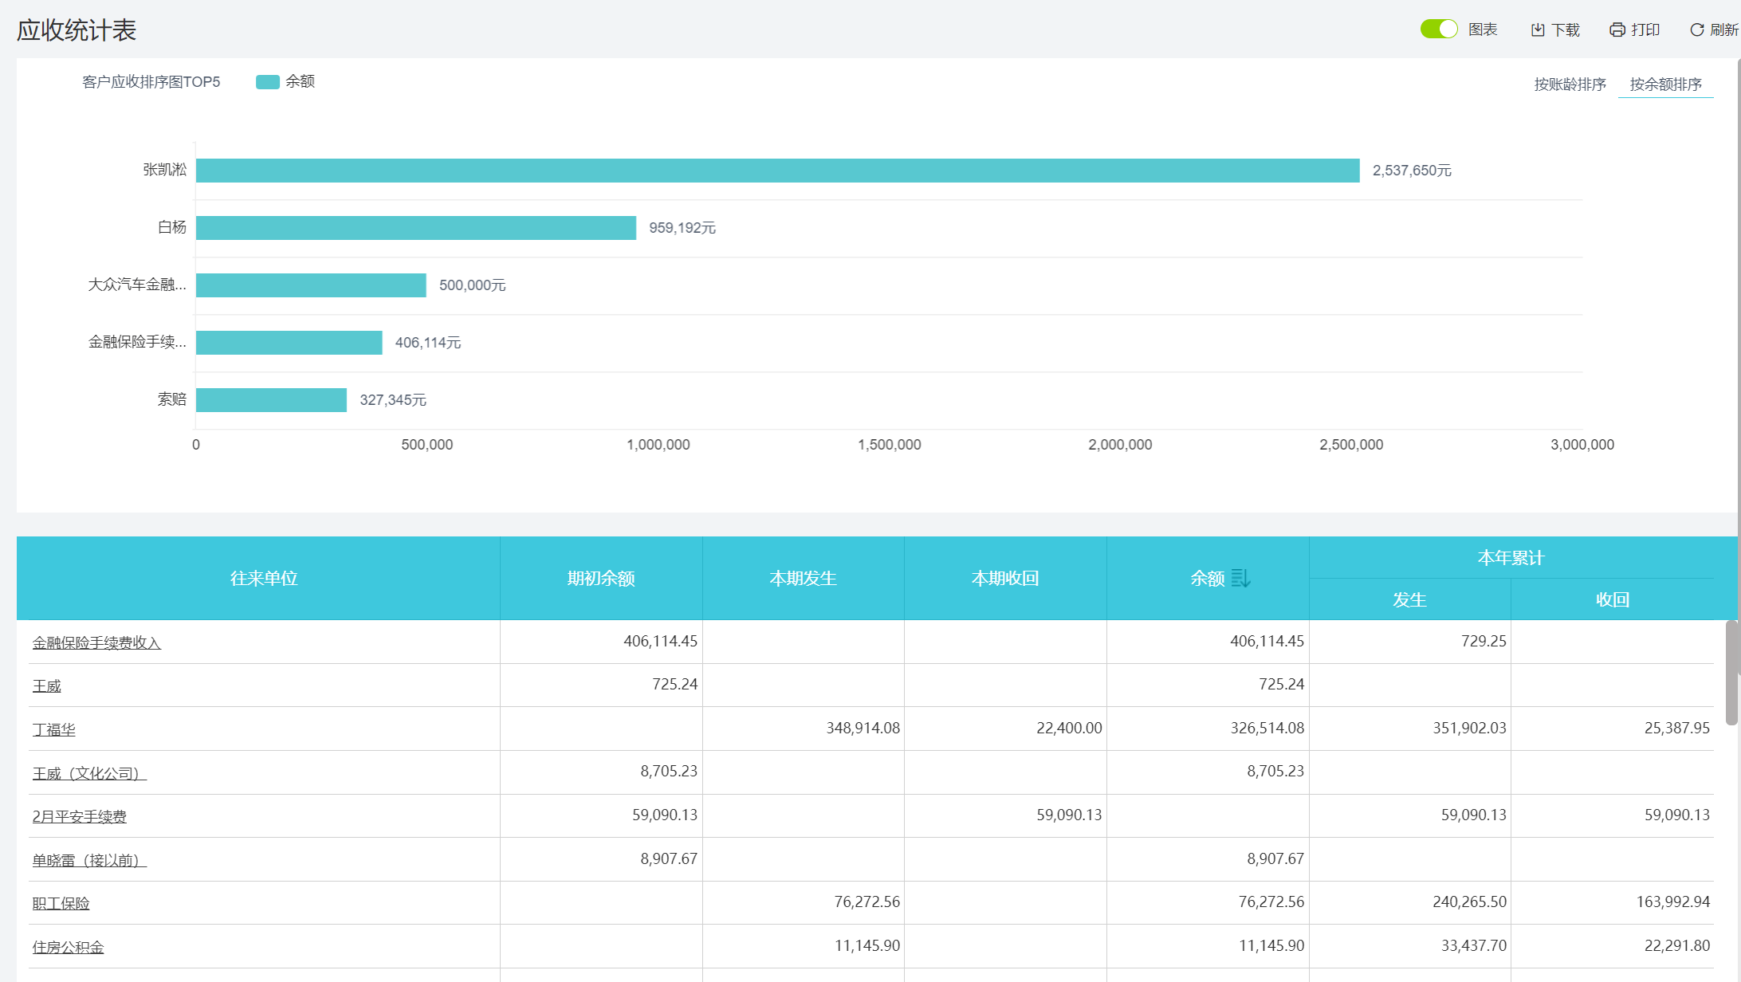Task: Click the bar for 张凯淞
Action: click(x=777, y=171)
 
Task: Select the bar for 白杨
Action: click(x=415, y=228)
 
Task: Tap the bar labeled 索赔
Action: click(x=271, y=400)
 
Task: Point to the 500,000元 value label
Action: click(x=472, y=285)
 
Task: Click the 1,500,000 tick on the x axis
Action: click(x=889, y=445)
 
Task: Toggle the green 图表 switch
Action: click(x=1438, y=29)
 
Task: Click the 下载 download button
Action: click(x=1555, y=30)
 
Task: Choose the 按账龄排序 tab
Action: click(x=1570, y=84)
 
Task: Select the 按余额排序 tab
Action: click(x=1665, y=84)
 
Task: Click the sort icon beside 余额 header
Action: click(x=1240, y=578)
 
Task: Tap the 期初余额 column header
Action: click(x=601, y=579)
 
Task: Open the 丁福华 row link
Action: click(x=54, y=729)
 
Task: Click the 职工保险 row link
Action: click(x=61, y=904)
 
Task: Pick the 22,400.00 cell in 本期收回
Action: click(x=1068, y=728)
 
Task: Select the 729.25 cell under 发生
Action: click(x=1483, y=642)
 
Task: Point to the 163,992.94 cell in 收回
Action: click(x=1672, y=902)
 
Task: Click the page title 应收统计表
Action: click(x=77, y=30)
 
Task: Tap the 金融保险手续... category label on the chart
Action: click(x=137, y=343)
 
